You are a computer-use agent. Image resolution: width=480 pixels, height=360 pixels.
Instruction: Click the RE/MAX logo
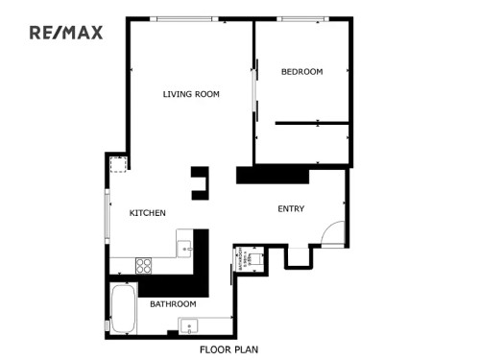tap(65, 32)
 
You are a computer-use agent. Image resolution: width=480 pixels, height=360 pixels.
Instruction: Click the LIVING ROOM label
tap(191, 94)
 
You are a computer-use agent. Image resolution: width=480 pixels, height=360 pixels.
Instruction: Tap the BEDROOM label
tap(301, 72)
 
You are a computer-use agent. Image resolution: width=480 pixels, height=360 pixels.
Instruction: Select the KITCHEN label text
tap(148, 213)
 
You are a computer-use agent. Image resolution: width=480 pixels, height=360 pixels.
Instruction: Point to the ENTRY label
tap(291, 208)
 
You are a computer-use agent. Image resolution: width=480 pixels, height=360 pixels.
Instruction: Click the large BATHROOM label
tap(173, 304)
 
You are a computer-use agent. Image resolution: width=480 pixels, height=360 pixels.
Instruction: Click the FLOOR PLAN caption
tap(228, 349)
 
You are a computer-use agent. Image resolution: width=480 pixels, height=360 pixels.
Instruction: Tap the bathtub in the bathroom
tap(123, 308)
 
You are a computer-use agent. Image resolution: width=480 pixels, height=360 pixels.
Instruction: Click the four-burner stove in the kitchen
tap(144, 264)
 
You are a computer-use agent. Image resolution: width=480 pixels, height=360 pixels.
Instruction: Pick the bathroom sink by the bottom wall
tap(189, 325)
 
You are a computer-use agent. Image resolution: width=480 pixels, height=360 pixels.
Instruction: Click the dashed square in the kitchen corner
tap(118, 165)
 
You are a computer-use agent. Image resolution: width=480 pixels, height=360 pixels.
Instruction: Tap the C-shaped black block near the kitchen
tap(200, 182)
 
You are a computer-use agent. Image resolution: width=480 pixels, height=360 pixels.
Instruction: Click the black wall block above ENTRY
tap(274, 175)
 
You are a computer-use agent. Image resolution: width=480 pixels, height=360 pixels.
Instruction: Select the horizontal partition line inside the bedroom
tap(312, 122)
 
